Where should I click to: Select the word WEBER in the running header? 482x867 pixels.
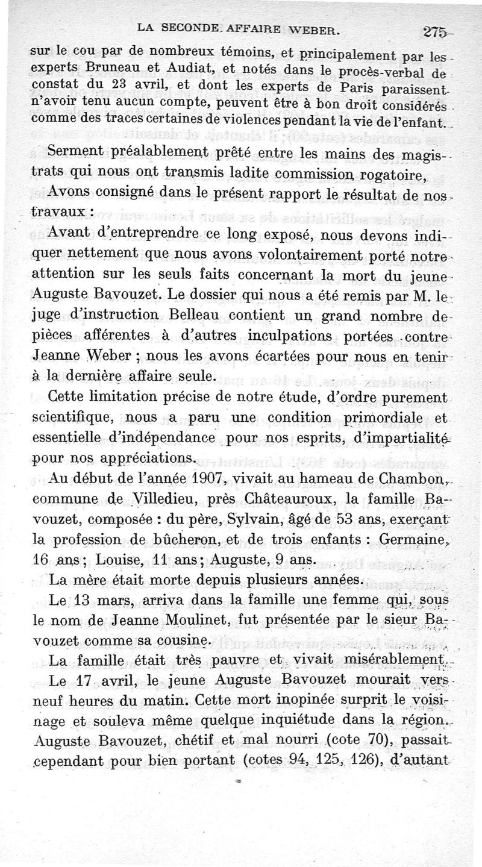[x=310, y=27]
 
